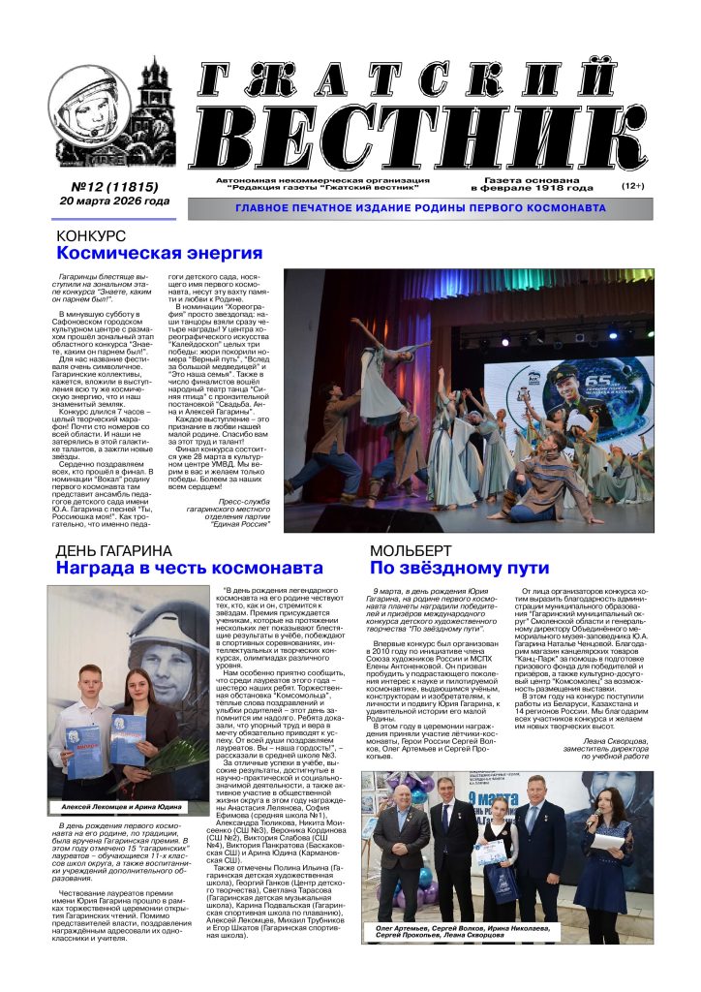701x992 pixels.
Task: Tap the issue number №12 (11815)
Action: click(x=114, y=186)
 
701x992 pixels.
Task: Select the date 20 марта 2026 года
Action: click(x=113, y=201)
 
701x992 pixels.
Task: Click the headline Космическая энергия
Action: click(x=159, y=254)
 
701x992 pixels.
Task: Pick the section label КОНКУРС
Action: click(x=91, y=236)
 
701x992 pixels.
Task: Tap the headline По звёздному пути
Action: click(x=459, y=569)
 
